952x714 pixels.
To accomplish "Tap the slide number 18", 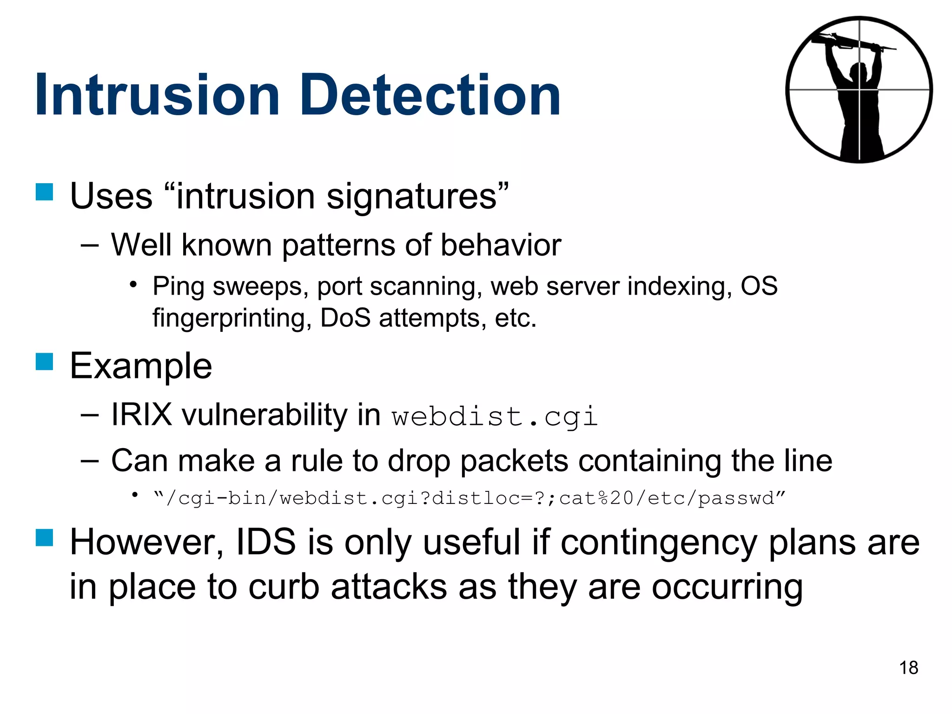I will click(x=908, y=668).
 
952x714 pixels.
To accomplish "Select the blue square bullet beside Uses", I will click(x=45, y=192).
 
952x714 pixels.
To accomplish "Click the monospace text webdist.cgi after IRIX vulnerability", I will click(x=494, y=416).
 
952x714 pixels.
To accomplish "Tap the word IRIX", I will click(x=141, y=415).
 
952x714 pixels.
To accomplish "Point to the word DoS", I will click(x=345, y=318).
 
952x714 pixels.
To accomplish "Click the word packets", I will click(x=514, y=461).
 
